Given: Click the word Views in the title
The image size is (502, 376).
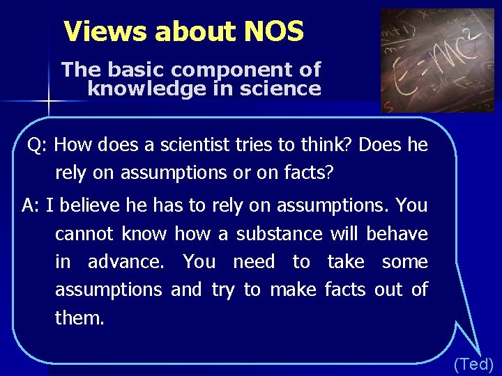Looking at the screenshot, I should tap(105, 31).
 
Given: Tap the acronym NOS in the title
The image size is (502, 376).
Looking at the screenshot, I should tap(274, 31).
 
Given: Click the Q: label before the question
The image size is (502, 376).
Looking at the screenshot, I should tap(38, 145).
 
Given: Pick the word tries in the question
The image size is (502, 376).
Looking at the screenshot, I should tap(252, 145).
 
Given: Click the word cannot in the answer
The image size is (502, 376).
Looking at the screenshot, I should tap(85, 234).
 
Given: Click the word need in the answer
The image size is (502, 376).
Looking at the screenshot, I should tap(254, 263).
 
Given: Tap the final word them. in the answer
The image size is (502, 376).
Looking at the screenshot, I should tap(79, 319).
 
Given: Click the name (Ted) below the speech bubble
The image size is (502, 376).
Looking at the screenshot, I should tap(473, 363).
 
